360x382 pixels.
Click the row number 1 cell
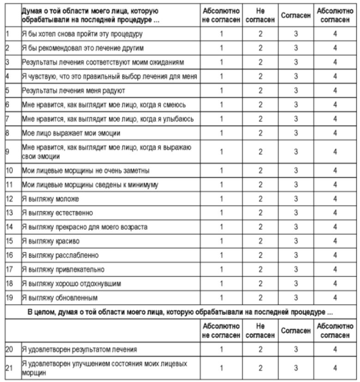[7, 34]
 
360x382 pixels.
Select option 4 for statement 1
[335, 34]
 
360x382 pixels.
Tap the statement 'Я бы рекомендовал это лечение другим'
[83, 48]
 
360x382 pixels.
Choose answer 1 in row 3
[221, 62]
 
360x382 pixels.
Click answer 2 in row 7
[260, 119]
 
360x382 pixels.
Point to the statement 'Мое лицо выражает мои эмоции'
[72, 133]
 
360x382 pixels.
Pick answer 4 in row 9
[335, 152]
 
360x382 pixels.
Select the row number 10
[9, 170]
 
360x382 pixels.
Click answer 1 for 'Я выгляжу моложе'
[221, 199]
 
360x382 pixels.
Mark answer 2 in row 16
[260, 255]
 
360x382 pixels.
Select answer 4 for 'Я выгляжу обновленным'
[335, 298]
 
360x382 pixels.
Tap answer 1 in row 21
[221, 368]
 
